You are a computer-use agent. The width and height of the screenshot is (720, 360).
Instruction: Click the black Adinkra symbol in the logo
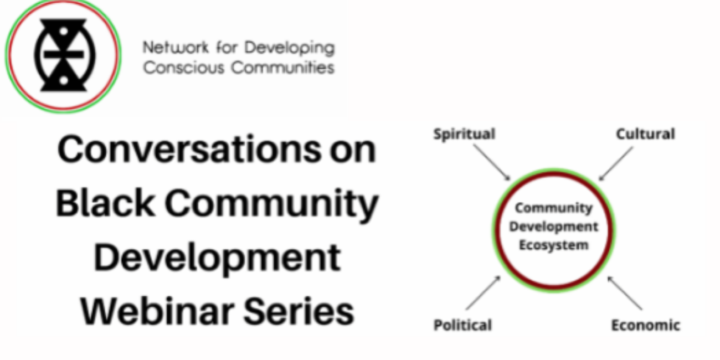tap(64, 55)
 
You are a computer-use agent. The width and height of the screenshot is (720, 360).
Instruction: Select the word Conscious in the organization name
tap(183, 68)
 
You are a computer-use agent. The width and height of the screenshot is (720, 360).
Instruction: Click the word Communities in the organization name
tap(283, 68)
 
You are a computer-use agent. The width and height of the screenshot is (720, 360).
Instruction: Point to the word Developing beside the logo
tap(290, 48)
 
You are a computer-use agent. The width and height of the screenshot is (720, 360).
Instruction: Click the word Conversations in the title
tap(189, 150)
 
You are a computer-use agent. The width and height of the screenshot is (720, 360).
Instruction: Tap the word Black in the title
tap(105, 203)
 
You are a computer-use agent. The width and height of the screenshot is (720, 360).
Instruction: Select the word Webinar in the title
tap(157, 311)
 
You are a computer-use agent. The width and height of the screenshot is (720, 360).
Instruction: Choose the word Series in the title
tap(299, 311)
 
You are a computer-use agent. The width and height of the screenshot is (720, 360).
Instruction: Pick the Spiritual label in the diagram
tap(464, 135)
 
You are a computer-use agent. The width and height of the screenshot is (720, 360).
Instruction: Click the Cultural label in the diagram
tap(645, 134)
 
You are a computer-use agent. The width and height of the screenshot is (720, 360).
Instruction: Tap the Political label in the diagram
tap(463, 325)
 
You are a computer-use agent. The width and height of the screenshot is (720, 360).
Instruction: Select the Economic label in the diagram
tap(646, 325)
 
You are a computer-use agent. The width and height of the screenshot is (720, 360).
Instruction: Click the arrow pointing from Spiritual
tap(492, 162)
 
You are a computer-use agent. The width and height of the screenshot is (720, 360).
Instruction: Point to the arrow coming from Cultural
tap(615, 163)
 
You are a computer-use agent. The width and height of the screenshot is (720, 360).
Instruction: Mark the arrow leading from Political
tap(484, 293)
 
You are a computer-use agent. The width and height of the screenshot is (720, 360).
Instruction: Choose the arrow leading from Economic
tap(625, 293)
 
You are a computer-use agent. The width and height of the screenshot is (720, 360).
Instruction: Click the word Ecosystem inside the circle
tap(554, 245)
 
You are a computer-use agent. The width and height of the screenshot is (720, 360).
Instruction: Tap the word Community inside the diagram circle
tap(554, 208)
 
